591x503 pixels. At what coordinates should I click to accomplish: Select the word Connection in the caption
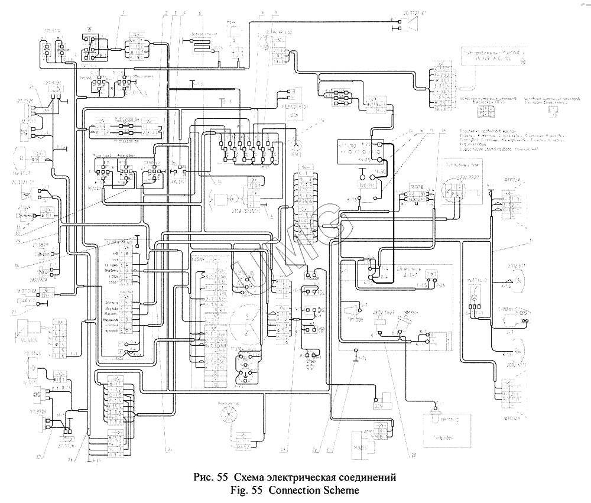293,490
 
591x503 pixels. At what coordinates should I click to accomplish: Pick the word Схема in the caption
249,477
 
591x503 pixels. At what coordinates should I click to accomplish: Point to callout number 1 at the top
123,12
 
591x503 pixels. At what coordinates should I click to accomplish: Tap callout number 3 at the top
176,12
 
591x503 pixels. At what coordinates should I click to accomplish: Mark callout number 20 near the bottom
413,455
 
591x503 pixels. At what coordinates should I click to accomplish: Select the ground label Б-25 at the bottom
93,459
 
